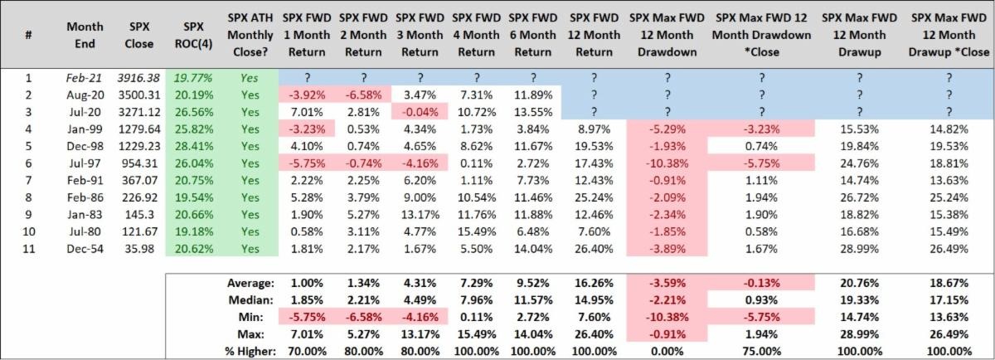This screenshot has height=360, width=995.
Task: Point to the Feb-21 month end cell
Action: (x=85, y=78)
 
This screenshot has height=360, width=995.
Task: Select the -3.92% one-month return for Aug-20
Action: (x=307, y=95)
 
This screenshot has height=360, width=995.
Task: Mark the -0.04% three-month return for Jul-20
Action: (x=420, y=110)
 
